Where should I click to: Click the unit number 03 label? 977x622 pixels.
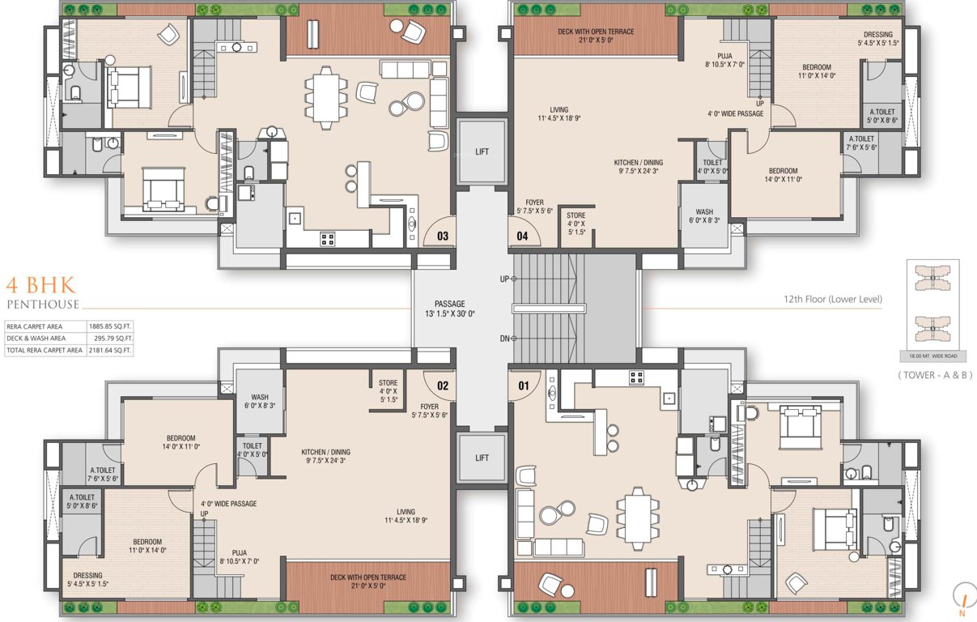[443, 236]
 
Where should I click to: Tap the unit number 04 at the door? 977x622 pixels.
[522, 236]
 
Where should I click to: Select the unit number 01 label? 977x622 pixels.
[523, 386]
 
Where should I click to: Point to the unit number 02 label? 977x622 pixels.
[443, 386]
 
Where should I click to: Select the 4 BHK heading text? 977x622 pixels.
[40, 285]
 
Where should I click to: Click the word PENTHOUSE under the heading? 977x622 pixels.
[43, 305]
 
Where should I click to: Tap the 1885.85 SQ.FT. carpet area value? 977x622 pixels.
[110, 326]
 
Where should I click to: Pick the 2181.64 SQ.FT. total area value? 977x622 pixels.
[110, 351]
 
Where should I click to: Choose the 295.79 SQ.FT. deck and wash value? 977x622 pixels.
[112, 339]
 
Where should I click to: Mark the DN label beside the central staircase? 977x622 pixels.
[504, 339]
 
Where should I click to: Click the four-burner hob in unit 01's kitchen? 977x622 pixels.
[637, 377]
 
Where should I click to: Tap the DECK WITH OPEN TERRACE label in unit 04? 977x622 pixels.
[596, 36]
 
